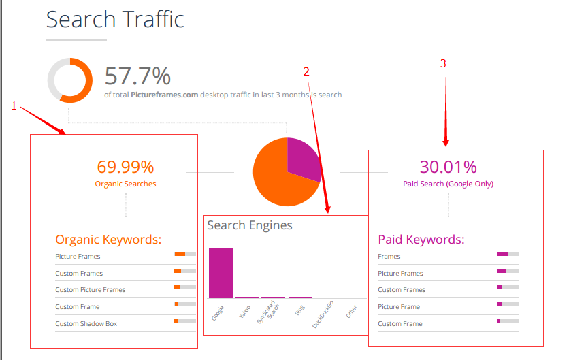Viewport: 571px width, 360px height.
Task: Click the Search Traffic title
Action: tap(115, 19)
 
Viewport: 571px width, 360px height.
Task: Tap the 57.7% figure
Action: tap(137, 76)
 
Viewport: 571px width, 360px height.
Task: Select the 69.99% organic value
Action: tap(125, 167)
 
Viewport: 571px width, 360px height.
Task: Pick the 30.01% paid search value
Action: tap(448, 167)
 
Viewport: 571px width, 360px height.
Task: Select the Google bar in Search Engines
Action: tap(221, 273)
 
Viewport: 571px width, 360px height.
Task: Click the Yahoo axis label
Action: tap(245, 313)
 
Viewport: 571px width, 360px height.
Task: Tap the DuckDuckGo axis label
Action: tap(323, 315)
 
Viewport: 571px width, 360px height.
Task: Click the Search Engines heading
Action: tap(250, 225)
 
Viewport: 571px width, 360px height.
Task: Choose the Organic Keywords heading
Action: tap(108, 240)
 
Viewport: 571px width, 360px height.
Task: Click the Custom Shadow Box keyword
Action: tap(86, 324)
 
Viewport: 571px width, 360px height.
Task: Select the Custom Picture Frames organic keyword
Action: tap(91, 290)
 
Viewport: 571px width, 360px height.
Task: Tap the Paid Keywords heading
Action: tap(421, 240)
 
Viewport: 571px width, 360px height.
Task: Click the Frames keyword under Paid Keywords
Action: tap(389, 257)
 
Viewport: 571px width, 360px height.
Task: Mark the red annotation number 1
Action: tap(14, 105)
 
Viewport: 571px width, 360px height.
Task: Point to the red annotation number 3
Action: tap(444, 64)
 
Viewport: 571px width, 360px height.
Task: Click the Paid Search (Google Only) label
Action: tap(448, 184)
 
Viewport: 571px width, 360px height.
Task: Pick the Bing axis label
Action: tap(299, 312)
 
